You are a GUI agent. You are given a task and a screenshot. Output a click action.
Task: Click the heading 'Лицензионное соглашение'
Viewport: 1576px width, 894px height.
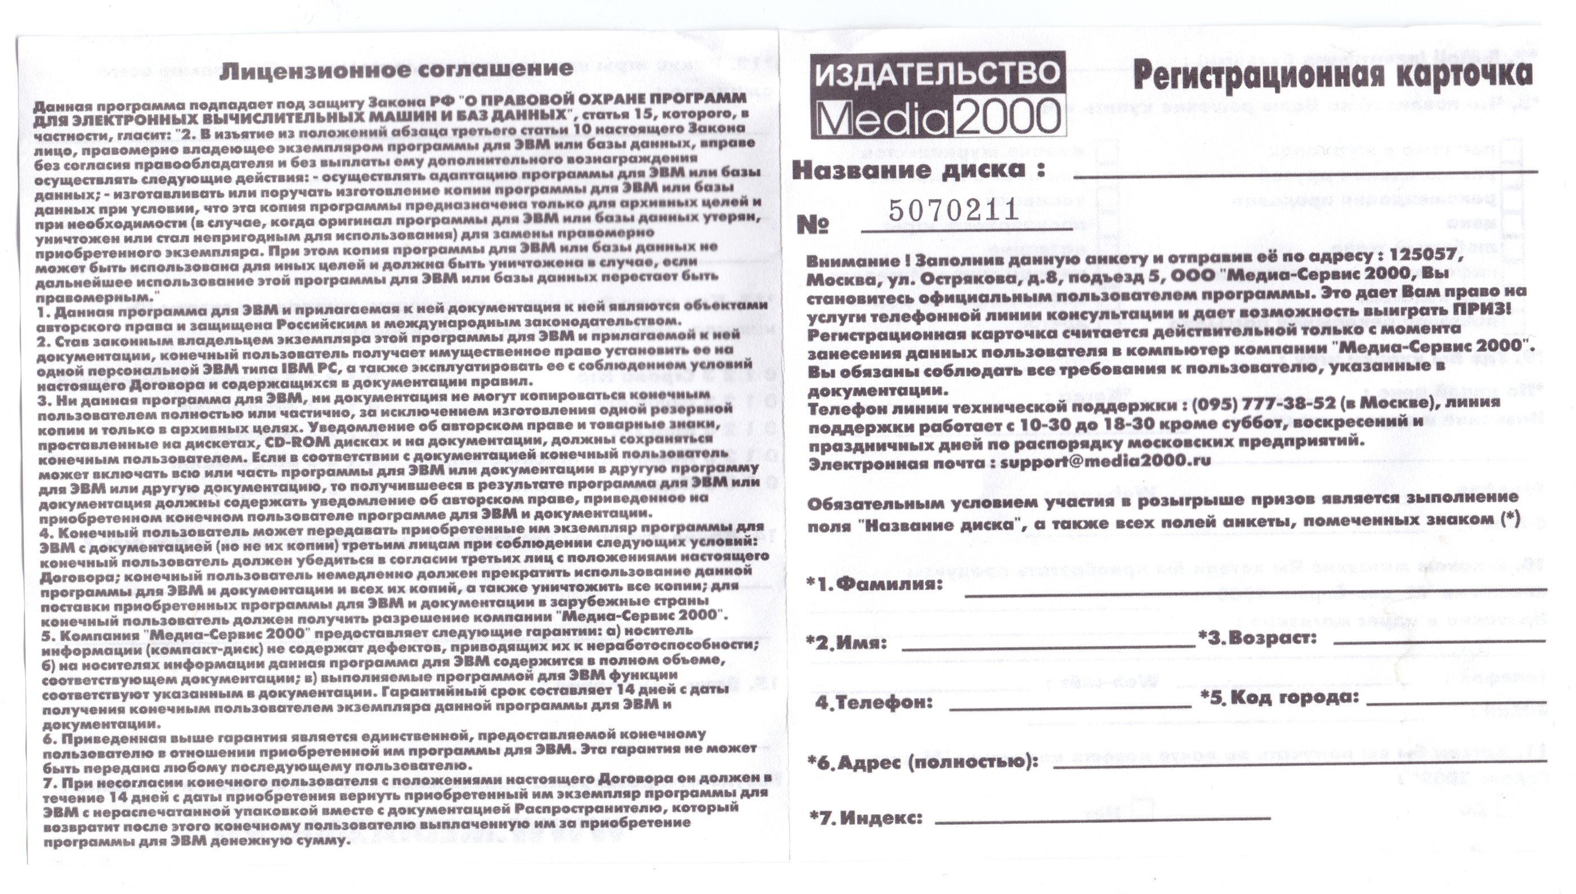click(x=397, y=69)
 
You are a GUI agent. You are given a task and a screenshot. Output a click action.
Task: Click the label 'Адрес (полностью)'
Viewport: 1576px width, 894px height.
click(x=924, y=762)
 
